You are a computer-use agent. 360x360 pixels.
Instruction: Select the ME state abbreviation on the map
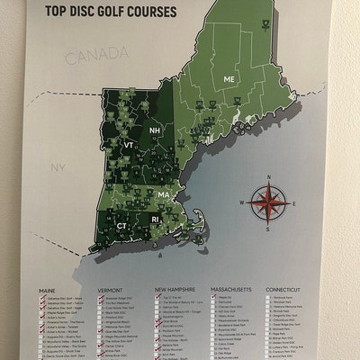[229, 80]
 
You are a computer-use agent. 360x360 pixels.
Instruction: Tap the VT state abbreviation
[129, 144]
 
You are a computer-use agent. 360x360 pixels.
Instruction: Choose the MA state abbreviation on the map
[163, 194]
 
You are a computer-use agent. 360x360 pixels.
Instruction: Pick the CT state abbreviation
[121, 224]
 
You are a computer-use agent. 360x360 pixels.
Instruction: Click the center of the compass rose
[266, 203]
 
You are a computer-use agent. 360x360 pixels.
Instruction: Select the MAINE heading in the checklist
[49, 291]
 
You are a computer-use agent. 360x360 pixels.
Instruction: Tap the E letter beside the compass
[294, 203]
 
